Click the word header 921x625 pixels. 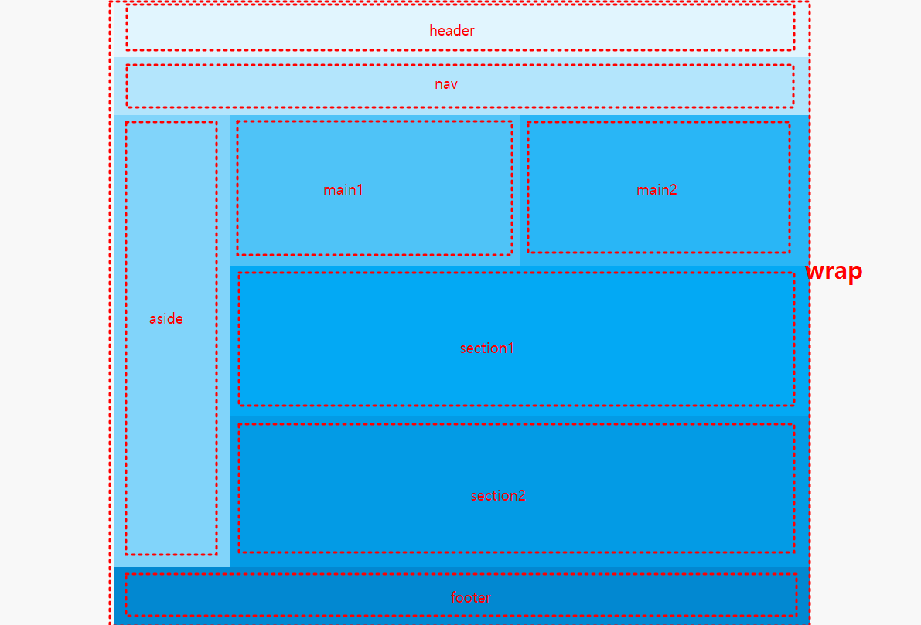[452, 31]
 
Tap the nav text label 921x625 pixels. [446, 84]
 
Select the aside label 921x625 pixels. [166, 319]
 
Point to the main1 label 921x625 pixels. [343, 190]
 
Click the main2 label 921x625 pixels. [657, 190]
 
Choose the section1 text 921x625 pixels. [486, 348]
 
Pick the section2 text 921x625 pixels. [498, 496]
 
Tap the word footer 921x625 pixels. [470, 598]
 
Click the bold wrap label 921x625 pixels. [834, 271]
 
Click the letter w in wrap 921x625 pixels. [815, 271]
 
